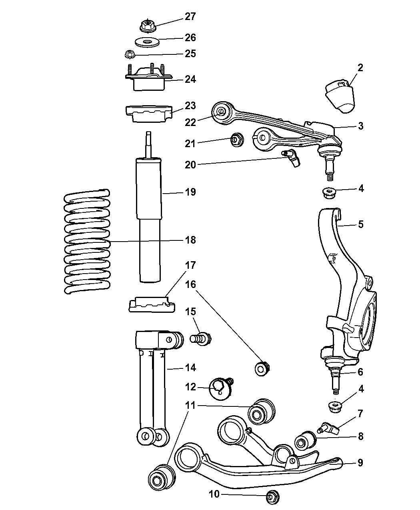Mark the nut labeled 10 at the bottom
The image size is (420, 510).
pos(272,497)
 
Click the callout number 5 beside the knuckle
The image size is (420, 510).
pos(361,224)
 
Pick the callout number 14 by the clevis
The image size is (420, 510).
pos(190,367)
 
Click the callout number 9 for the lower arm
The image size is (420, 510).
pos(360,463)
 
